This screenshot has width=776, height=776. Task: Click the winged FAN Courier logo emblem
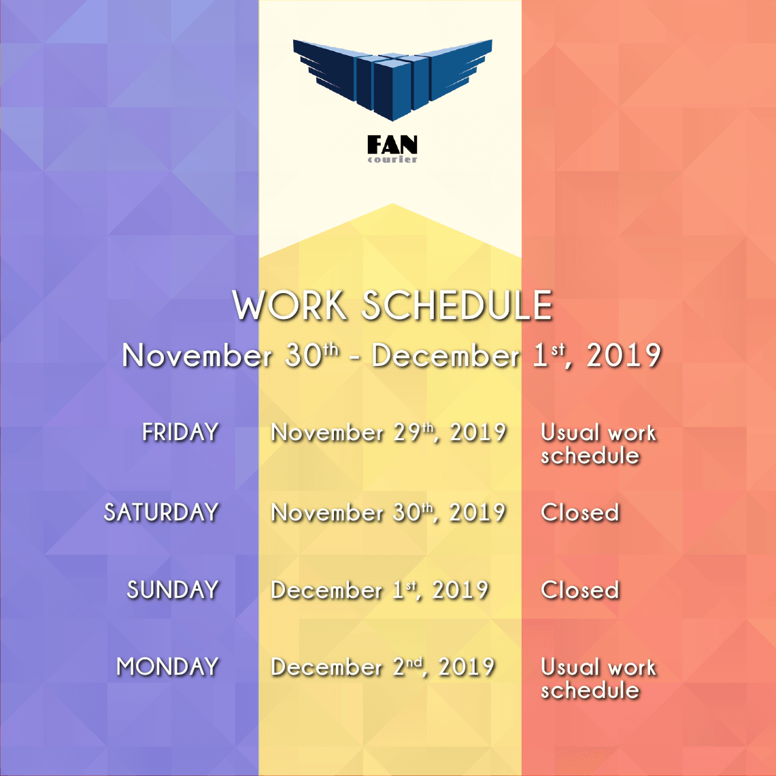pos(392,79)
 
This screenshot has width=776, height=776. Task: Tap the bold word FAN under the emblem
pos(392,144)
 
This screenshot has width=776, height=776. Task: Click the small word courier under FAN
pos(392,159)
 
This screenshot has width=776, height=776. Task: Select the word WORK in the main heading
pos(290,305)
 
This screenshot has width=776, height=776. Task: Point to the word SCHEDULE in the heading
pos(457,305)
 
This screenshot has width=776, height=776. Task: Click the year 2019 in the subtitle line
pos(624,356)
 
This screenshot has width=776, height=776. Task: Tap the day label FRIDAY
pos(181,432)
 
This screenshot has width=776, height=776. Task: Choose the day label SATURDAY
pos(161,512)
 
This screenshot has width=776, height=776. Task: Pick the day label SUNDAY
pos(173,590)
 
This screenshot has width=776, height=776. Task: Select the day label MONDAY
pos(168,667)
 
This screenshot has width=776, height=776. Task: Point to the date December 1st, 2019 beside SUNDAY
pos(380,590)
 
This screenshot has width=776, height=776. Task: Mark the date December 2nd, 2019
pos(383,667)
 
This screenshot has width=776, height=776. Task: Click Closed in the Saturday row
pos(580,513)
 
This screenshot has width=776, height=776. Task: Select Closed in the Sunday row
pos(580,590)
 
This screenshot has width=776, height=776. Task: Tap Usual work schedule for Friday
pos(598,444)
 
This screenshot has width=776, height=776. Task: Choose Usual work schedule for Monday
pos(598,679)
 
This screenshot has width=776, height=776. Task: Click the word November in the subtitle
pos(197,356)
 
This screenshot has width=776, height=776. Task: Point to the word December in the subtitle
pos(446,356)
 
